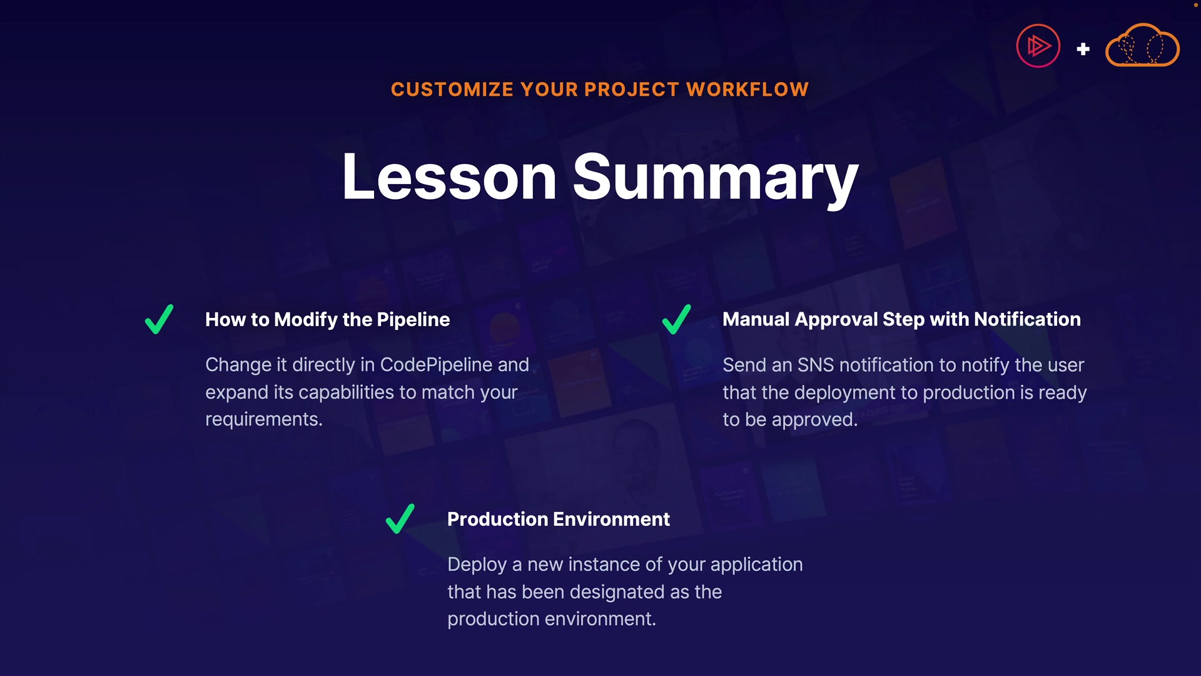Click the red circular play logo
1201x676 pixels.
point(1038,46)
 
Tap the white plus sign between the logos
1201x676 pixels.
point(1083,49)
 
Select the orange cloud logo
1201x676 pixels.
point(1143,45)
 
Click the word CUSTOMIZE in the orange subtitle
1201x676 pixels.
point(453,90)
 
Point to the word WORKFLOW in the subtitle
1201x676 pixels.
point(747,90)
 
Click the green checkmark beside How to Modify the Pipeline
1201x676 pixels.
point(159,319)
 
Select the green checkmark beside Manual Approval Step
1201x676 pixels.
point(676,319)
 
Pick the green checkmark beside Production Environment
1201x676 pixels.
point(400,519)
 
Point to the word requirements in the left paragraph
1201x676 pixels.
point(264,420)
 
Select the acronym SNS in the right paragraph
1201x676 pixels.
point(816,365)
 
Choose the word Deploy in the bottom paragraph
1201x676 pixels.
point(477,565)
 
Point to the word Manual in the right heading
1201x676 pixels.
point(756,319)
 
